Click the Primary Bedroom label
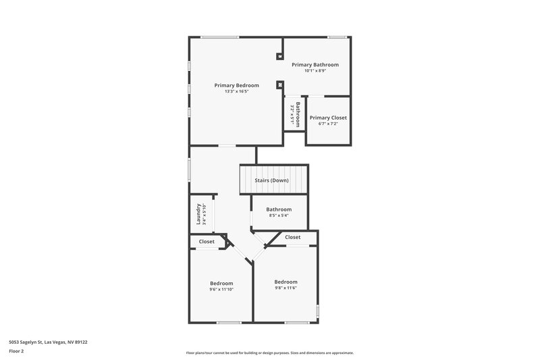pyautogui.click(x=236, y=85)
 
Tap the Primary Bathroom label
pyautogui.click(x=315, y=65)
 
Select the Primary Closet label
pyautogui.click(x=328, y=118)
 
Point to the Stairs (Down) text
pyautogui.click(x=271, y=180)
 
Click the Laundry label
pyautogui.click(x=198, y=215)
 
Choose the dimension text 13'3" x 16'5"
pyautogui.click(x=236, y=91)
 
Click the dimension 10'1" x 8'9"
pyautogui.click(x=315, y=71)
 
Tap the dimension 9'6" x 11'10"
pyautogui.click(x=221, y=289)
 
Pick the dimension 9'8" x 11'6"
pyautogui.click(x=286, y=288)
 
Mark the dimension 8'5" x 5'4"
pyautogui.click(x=279, y=215)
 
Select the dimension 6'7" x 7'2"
pyautogui.click(x=328, y=124)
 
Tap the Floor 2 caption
pyautogui.click(x=17, y=351)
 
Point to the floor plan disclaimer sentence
pyautogui.click(x=269, y=353)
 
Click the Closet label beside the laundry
pyautogui.click(x=207, y=241)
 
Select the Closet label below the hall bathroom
pyautogui.click(x=292, y=237)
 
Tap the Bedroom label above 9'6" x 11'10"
pyautogui.click(x=221, y=283)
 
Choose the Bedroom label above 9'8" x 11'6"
pyautogui.click(x=286, y=282)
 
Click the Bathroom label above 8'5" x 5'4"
pyautogui.click(x=279, y=209)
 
